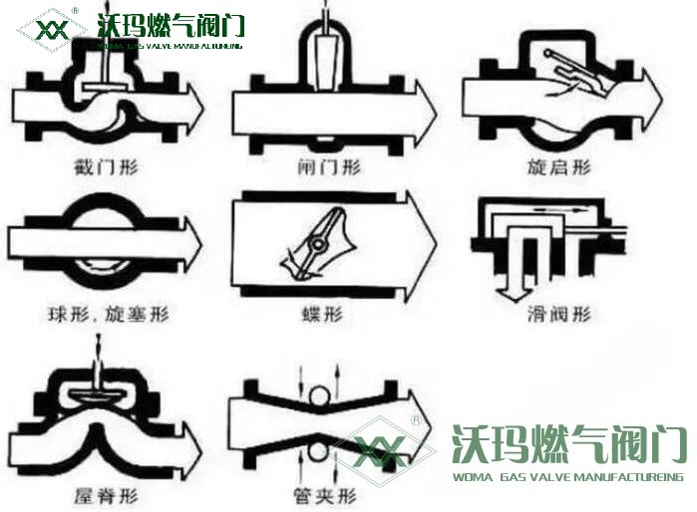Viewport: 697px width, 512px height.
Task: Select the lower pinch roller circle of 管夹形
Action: click(x=317, y=451)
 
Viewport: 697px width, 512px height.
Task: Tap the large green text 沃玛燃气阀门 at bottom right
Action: click(x=568, y=444)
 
